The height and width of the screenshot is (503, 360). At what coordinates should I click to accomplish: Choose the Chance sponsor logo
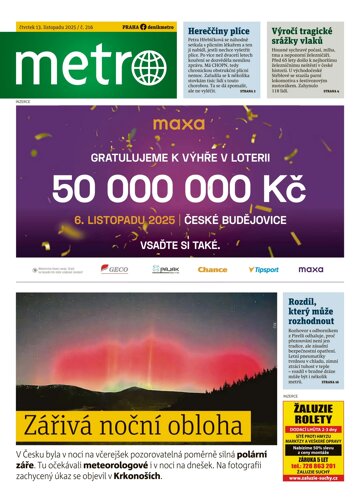213,269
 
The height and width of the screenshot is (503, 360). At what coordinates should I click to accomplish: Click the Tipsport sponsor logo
263,269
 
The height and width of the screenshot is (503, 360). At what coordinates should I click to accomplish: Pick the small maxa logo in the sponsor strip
311,269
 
